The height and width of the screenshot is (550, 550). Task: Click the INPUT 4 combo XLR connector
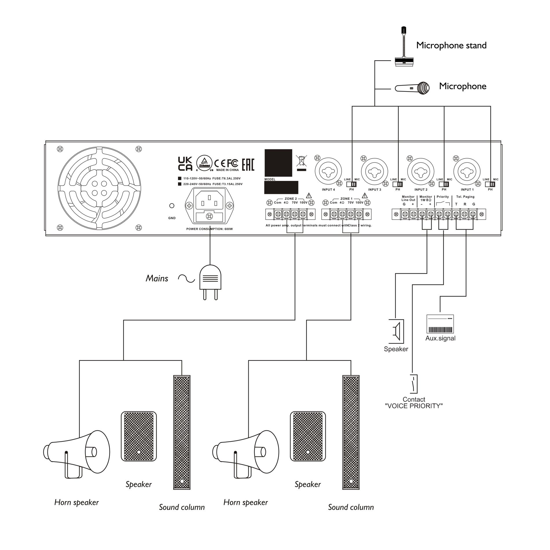point(328,173)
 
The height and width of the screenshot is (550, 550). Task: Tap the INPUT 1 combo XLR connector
point(467,173)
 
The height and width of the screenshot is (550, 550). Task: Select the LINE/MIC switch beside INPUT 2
point(444,184)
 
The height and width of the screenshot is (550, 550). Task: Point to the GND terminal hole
point(172,206)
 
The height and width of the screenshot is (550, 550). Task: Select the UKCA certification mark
point(185,164)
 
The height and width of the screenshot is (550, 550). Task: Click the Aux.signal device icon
point(440,324)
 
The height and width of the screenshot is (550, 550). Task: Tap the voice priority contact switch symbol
point(414,384)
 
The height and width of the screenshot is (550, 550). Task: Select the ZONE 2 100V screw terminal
point(303,214)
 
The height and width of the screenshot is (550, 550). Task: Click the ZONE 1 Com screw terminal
point(334,214)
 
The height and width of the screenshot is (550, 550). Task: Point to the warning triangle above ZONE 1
point(364,195)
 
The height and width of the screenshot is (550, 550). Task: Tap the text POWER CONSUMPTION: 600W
point(209,229)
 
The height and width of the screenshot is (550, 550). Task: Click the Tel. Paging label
point(465,197)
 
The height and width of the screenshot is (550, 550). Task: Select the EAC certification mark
point(248,164)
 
